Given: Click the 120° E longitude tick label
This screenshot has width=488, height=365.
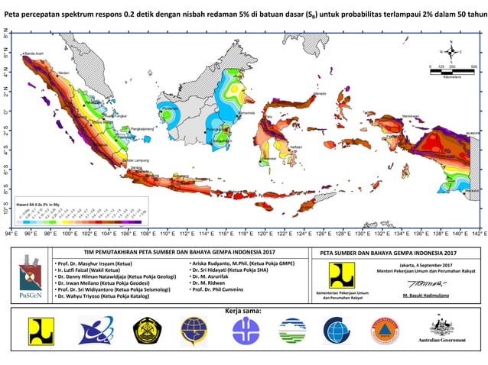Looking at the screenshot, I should coord(265,234).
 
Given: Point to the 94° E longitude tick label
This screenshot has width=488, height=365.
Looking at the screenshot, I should coord(11,234).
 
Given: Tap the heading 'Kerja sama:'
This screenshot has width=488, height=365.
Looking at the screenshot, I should coord(244,312).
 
